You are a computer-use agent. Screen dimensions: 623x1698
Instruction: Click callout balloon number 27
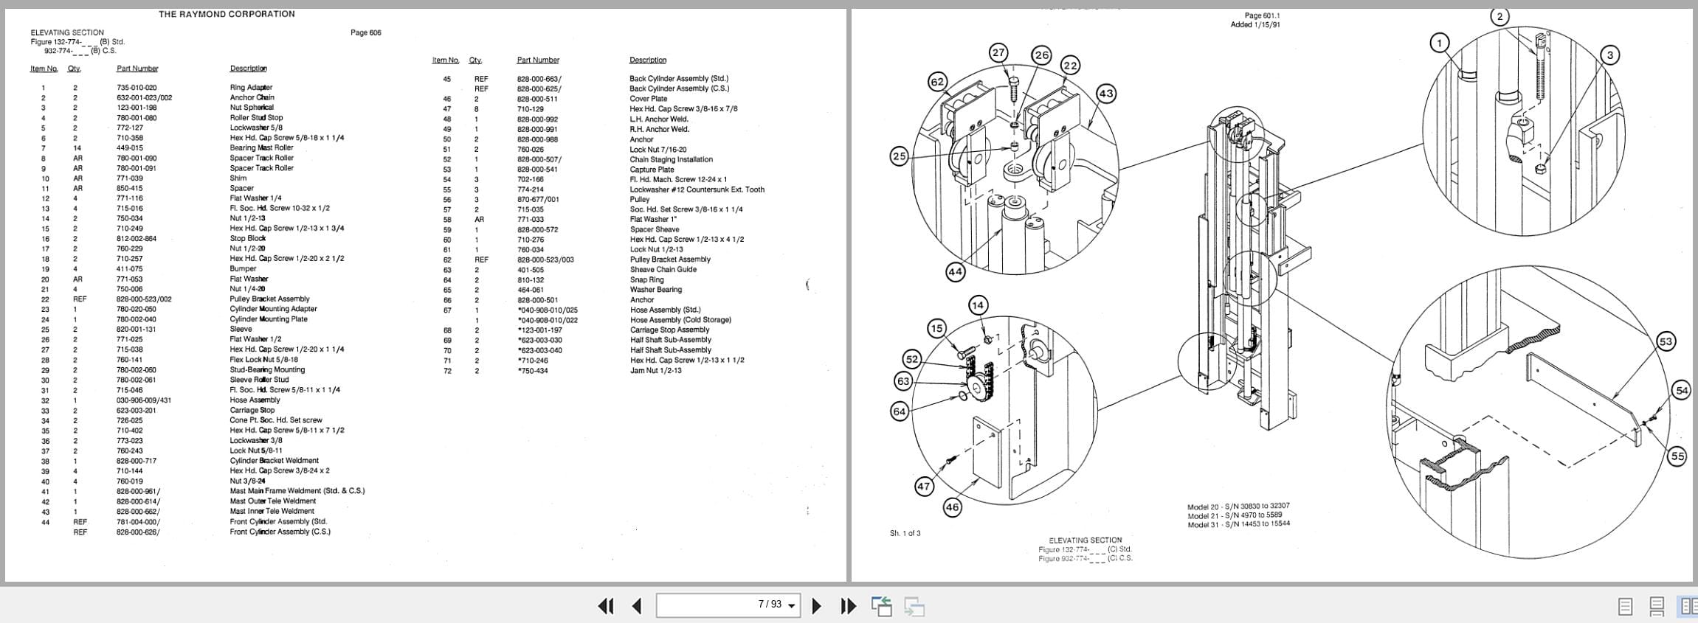998,52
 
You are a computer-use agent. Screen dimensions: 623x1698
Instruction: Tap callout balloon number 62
937,82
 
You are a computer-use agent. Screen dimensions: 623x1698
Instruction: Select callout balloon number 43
1105,94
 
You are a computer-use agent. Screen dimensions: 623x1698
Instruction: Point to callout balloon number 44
955,271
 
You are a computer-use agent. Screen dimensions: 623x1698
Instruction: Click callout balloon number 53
1666,341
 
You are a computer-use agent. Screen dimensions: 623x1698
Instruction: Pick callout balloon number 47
924,486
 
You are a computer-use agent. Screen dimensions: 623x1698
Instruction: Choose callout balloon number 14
978,305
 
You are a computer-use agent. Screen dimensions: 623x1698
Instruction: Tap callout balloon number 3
1609,55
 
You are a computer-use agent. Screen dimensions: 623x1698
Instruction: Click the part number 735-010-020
137,88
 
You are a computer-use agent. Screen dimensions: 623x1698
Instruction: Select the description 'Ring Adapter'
251,88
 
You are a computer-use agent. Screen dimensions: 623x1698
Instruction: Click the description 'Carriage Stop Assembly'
669,330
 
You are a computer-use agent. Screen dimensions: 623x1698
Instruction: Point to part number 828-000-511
537,99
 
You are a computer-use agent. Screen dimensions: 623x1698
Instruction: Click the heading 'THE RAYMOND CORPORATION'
227,14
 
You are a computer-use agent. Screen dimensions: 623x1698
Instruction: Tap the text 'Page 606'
365,32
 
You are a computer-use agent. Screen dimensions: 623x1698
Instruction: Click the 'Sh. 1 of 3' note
905,533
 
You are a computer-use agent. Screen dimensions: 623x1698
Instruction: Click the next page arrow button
816,606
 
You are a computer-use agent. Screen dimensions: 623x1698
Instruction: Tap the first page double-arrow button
605,606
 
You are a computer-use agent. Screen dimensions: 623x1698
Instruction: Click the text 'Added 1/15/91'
1254,25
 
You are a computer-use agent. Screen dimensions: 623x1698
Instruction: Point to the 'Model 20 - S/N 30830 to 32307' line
1238,507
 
